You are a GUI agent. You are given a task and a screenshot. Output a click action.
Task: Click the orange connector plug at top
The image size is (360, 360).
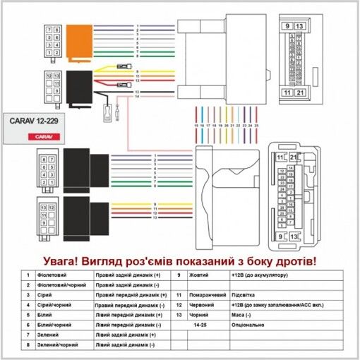(x=78, y=40)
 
